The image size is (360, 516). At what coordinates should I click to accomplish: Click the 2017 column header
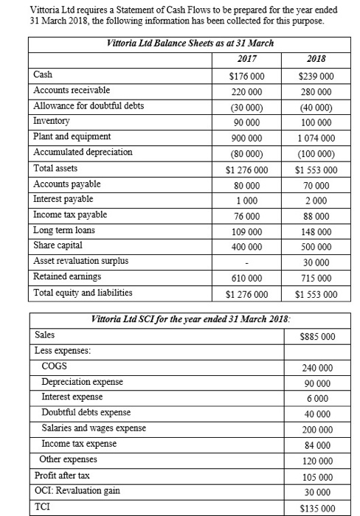248,60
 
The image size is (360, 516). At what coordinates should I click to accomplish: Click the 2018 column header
314,60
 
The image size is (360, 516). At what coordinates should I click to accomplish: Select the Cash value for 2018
314,75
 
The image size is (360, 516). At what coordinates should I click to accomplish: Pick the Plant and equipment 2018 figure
314,138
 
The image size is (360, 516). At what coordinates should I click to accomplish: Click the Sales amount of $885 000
318,336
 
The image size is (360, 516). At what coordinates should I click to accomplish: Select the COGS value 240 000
316,367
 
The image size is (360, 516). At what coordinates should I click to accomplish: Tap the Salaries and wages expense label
94,428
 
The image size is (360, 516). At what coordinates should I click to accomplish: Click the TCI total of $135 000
318,507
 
